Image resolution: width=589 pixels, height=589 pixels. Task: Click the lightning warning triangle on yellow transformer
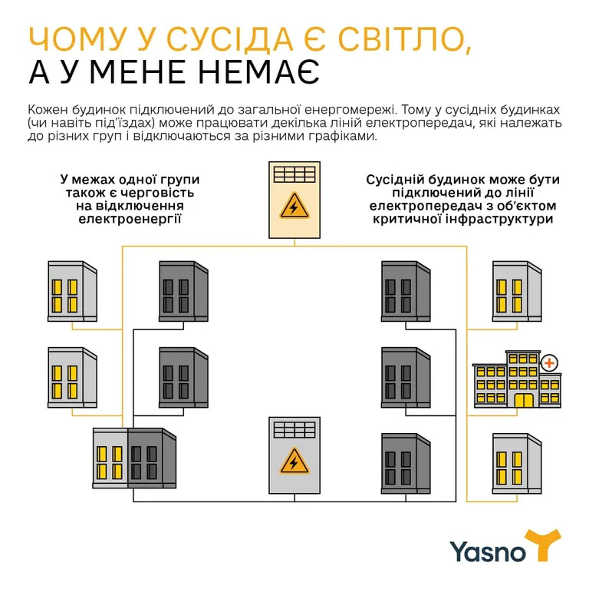(294, 208)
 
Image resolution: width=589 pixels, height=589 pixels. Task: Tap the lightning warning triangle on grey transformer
(294, 462)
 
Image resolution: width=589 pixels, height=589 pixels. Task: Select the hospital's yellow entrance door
(524, 400)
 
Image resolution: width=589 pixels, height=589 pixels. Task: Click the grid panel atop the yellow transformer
(294, 174)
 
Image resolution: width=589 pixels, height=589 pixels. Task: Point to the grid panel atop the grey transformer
(294, 429)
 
